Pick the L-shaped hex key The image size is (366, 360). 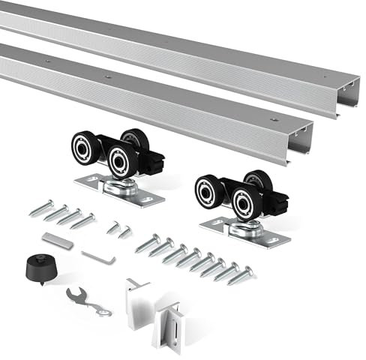click(x=99, y=256)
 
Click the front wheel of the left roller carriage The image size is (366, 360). click(x=121, y=160)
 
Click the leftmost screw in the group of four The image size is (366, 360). click(x=41, y=208)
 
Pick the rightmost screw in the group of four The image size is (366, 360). click(x=83, y=221)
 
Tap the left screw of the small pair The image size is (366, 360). click(x=112, y=227)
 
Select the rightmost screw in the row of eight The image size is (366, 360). click(x=241, y=275)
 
